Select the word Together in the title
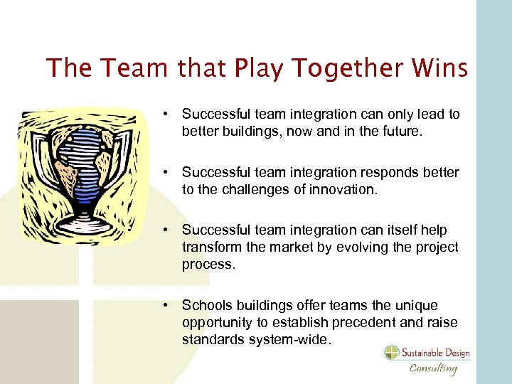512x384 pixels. tap(334, 69)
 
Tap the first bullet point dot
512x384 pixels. tap(164, 114)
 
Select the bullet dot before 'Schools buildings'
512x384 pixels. tap(164, 306)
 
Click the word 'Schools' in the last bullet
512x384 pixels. tap(204, 306)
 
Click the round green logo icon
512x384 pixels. tap(392, 353)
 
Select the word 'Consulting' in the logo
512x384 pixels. tap(432, 368)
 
